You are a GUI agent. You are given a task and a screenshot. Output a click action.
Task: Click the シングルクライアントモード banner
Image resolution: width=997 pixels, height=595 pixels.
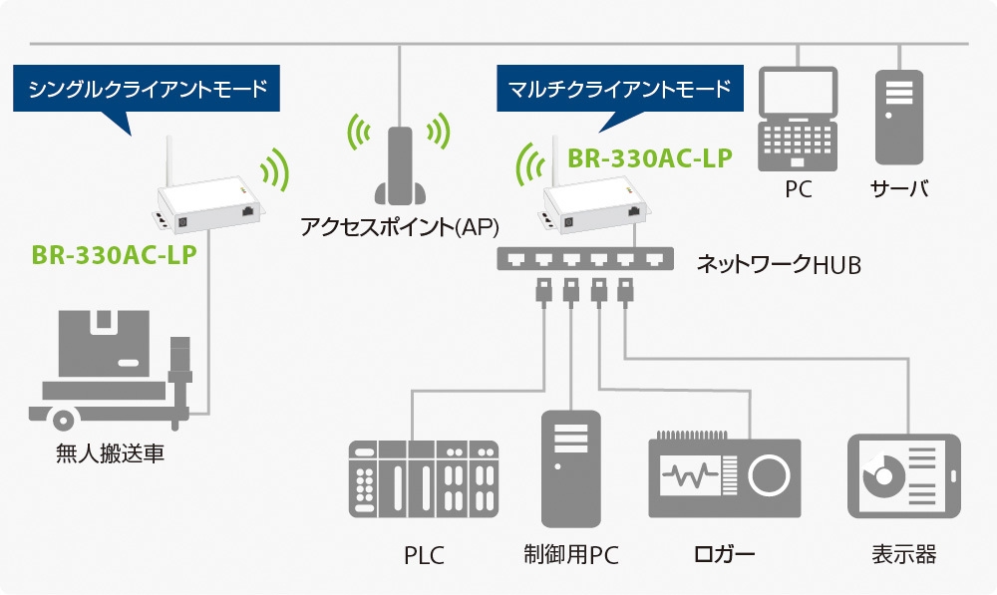148,90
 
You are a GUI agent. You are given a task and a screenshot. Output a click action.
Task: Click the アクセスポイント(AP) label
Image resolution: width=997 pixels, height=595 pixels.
399,226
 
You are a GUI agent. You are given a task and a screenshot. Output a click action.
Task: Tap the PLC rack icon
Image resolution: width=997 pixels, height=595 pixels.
423,480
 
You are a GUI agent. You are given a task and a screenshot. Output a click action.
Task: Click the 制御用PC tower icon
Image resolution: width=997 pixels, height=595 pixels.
571,468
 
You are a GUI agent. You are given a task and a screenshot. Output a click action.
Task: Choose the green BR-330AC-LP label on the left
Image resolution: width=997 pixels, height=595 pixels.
113,252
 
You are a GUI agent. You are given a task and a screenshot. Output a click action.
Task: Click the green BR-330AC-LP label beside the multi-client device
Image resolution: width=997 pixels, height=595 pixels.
649,157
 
